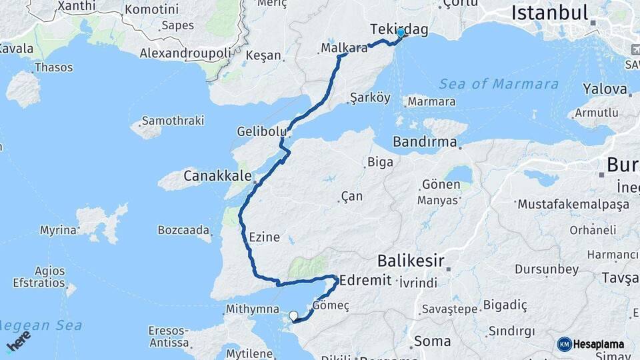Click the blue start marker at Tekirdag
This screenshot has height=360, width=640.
click(401, 32)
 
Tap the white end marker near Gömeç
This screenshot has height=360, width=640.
click(293, 315)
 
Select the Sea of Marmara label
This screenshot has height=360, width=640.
click(499, 84)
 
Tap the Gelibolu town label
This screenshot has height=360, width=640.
click(261, 131)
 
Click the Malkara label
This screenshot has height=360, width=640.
click(344, 48)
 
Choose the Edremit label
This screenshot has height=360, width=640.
click(365, 280)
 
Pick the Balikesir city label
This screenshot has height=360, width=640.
click(411, 259)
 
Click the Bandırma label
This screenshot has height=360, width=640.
click(425, 142)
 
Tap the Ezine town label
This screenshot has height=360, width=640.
click(264, 237)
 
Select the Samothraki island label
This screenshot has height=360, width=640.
click(173, 121)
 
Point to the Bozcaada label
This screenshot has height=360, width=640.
click(183, 230)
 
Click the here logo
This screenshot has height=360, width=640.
click(18, 341)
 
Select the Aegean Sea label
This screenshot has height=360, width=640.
click(41, 325)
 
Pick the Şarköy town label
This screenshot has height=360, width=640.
click(370, 97)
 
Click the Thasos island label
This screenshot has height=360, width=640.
click(53, 67)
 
